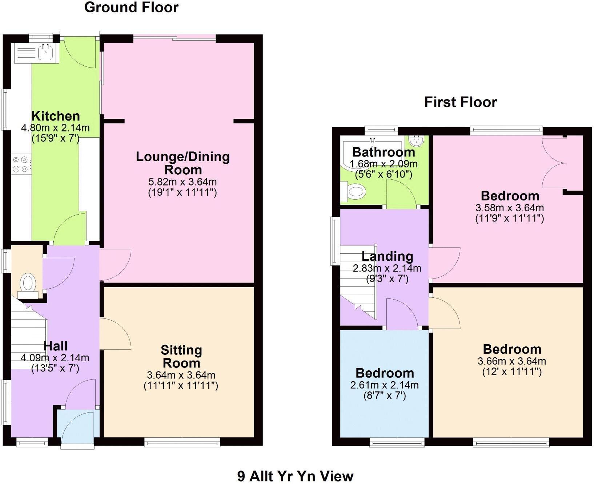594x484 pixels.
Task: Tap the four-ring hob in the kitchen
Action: pos(21,164)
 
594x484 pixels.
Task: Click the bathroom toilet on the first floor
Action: pos(354,191)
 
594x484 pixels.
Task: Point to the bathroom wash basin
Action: pos(416,141)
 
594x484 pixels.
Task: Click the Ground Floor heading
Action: pos(131,7)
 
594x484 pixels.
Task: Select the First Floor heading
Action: pos(460,102)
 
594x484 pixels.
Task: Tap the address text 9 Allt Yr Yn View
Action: pos(295,476)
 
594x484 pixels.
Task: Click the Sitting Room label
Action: pos(181,357)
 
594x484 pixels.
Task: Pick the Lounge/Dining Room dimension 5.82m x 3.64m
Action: pos(182,182)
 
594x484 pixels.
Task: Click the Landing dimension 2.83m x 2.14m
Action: pos(387,268)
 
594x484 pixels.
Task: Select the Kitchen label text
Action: pos(56,116)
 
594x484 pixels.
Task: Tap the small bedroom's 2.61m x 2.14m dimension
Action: pos(384,385)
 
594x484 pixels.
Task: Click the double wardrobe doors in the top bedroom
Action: pos(554,163)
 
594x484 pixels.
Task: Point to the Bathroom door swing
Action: pos(401,195)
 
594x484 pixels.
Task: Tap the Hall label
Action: pos(55,346)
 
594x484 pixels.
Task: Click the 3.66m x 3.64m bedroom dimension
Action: pos(511,361)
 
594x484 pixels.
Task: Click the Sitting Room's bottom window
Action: pos(182,442)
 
